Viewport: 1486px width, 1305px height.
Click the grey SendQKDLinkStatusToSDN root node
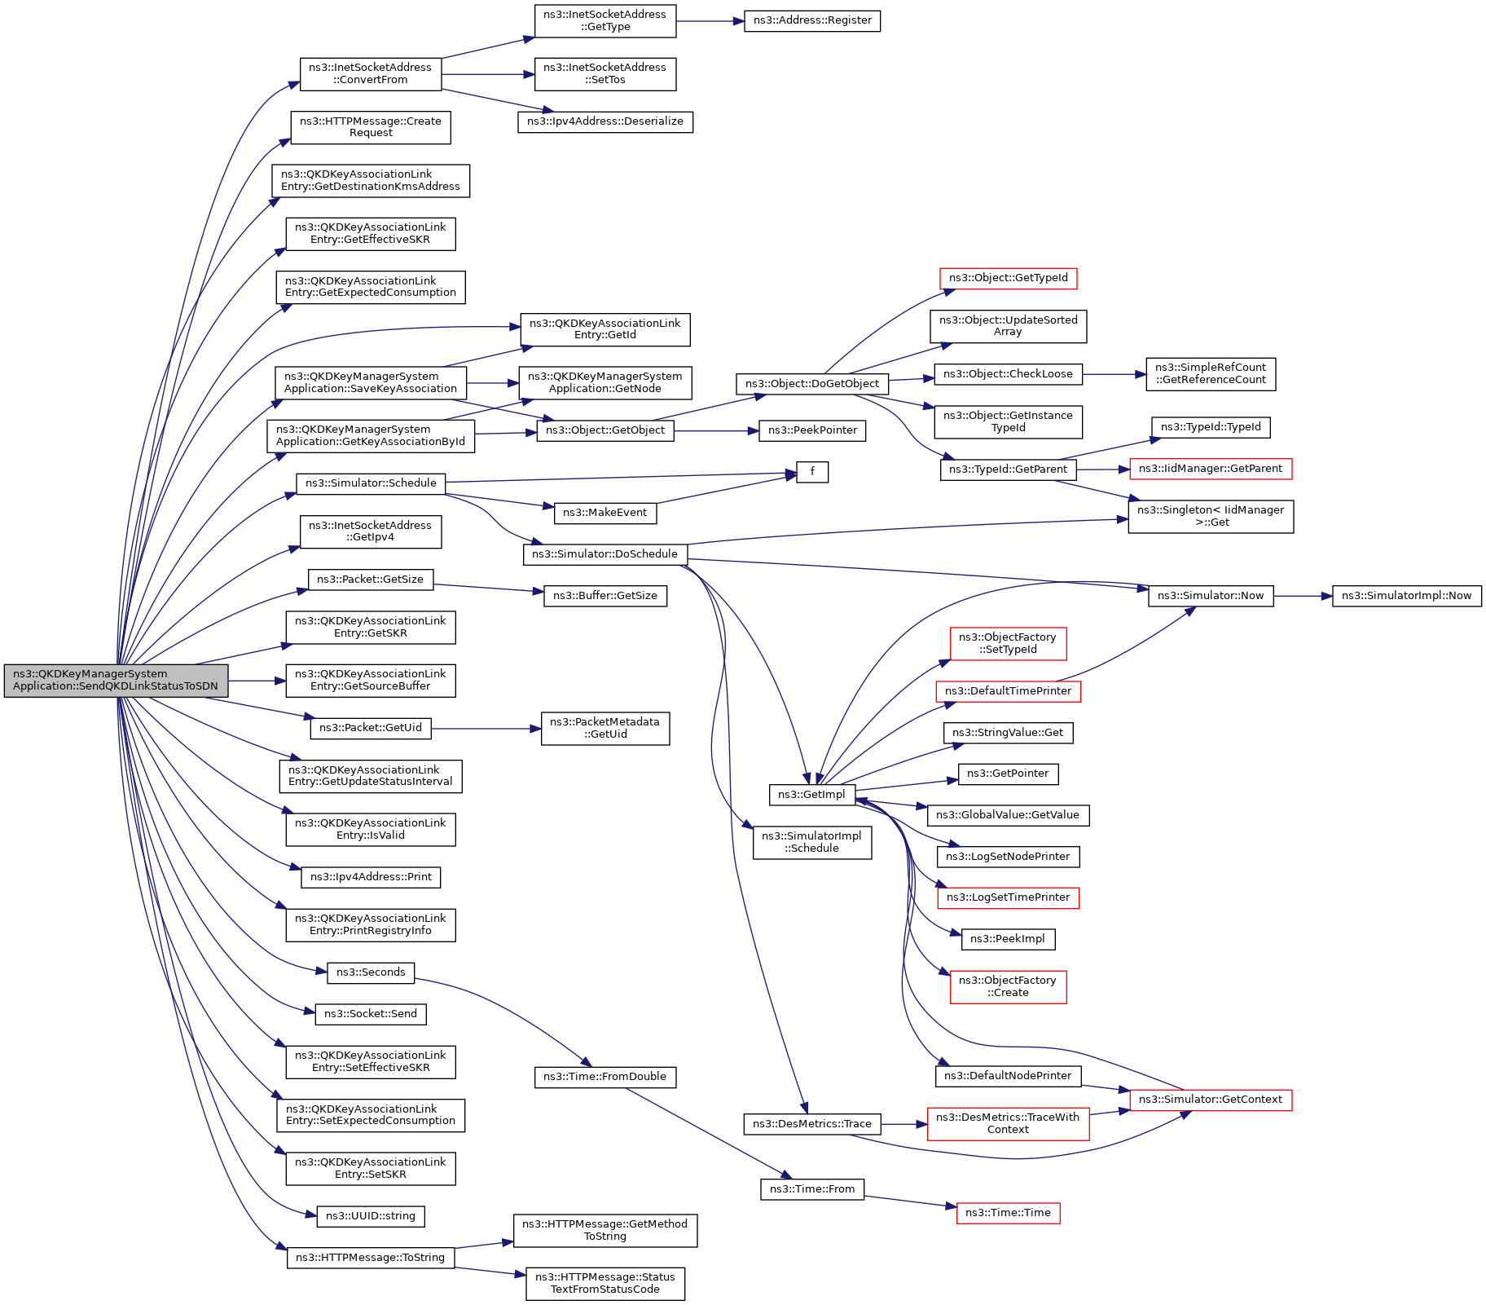pyautogui.click(x=116, y=681)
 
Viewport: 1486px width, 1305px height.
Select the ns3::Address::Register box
pyautogui.click(x=812, y=20)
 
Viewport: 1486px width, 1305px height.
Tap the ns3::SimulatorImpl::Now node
pyautogui.click(x=1406, y=596)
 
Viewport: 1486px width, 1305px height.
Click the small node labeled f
pyautogui.click(x=812, y=472)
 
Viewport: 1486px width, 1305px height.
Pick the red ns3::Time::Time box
pyautogui.click(x=1008, y=1213)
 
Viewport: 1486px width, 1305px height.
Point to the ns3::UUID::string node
pyautogui.click(x=371, y=1216)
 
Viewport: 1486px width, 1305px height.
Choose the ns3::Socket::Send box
pyautogui.click(x=371, y=1014)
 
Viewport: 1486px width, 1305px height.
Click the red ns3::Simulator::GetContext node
pyautogui.click(x=1211, y=1100)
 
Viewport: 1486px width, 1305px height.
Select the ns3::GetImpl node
pyautogui.click(x=811, y=795)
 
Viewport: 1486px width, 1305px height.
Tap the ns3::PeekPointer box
pyautogui.click(x=812, y=430)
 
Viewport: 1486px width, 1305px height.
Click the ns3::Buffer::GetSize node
pyautogui.click(x=605, y=596)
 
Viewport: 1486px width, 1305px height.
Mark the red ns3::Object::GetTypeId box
pyautogui.click(x=1008, y=278)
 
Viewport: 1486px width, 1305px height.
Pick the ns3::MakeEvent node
pyautogui.click(x=605, y=513)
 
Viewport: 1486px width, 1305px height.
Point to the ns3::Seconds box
pyautogui.click(x=371, y=972)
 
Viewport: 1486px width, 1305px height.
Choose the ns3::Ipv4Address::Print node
pyautogui.click(x=371, y=877)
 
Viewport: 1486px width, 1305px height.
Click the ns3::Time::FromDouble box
pyautogui.click(x=605, y=1077)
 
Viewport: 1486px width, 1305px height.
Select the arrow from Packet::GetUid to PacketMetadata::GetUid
pyautogui.click(x=486, y=728)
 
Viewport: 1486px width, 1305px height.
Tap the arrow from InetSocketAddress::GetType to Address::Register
pyautogui.click(x=710, y=21)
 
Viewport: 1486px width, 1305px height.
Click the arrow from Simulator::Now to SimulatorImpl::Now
pyautogui.click(x=1303, y=596)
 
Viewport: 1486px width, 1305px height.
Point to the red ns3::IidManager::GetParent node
pyautogui.click(x=1211, y=469)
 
